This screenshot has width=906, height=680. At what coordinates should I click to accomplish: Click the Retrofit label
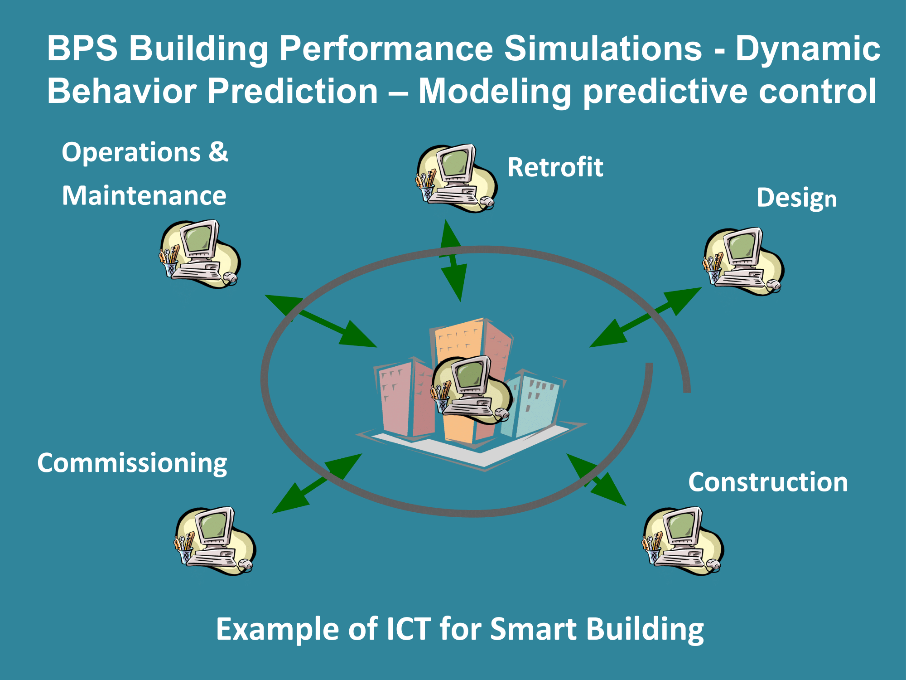click(x=555, y=167)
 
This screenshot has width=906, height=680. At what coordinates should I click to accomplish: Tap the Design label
click(x=796, y=199)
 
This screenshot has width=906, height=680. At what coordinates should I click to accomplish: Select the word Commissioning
click(x=132, y=464)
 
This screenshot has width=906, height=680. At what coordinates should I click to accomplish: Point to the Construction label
click(x=768, y=482)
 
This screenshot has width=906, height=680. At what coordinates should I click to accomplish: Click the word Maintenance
click(x=144, y=196)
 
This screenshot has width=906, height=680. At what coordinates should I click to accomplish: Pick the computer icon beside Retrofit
click(x=457, y=178)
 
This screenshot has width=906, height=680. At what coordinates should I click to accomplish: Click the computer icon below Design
click(x=743, y=262)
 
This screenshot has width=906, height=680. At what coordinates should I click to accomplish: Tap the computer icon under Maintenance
click(x=200, y=254)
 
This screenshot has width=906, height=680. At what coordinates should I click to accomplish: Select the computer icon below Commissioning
click(x=215, y=541)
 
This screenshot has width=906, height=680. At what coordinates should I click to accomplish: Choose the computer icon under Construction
click(x=683, y=541)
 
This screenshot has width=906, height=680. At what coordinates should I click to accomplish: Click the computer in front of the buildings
click(x=472, y=390)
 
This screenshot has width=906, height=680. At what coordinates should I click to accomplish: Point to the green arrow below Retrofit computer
click(x=453, y=261)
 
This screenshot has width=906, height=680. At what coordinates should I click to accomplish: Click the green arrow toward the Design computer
click(x=646, y=317)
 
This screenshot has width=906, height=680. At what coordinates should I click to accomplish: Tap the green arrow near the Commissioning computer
click(x=317, y=483)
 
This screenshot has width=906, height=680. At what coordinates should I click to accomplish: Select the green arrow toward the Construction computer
click(x=596, y=480)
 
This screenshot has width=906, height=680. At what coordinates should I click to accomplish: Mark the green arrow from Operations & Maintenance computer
click(x=321, y=321)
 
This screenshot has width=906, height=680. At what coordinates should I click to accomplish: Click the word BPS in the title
click(x=82, y=48)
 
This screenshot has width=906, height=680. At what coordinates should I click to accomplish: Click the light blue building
click(x=535, y=403)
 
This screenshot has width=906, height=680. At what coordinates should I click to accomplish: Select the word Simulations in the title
click(x=603, y=48)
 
